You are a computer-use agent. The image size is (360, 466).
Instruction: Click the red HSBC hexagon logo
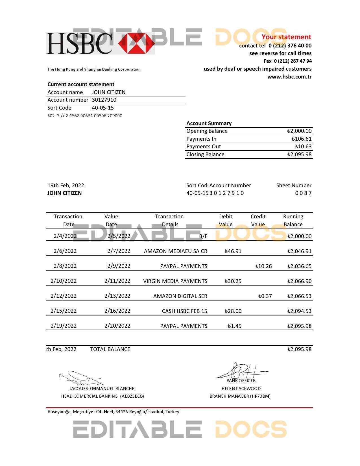pyautogui.click(x=136, y=43)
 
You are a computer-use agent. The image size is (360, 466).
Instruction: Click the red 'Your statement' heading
pyautogui.click(x=286, y=37)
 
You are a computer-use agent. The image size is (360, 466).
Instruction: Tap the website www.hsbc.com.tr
pyautogui.click(x=289, y=77)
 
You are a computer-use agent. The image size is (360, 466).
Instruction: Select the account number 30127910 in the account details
pyautogui.click(x=104, y=100)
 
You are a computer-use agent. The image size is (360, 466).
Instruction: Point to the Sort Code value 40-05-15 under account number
pyautogui.click(x=103, y=108)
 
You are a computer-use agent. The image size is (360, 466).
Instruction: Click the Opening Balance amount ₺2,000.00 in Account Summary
pyautogui.click(x=299, y=131)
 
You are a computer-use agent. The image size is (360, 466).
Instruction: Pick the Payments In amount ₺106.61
pyautogui.click(x=302, y=139)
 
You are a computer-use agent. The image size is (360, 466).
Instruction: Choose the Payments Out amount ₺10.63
pyautogui.click(x=303, y=147)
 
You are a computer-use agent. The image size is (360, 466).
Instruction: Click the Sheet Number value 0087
pyautogui.click(x=303, y=193)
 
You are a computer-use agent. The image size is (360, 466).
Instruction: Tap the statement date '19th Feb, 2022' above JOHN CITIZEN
pyautogui.click(x=66, y=186)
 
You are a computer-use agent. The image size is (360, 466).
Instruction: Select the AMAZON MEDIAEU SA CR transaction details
pyautogui.click(x=175, y=251)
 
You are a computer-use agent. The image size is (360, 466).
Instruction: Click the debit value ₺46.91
pyautogui.click(x=233, y=251)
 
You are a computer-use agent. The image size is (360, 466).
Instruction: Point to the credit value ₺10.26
pyautogui.click(x=263, y=266)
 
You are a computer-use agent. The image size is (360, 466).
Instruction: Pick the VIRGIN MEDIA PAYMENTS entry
pyautogui.click(x=175, y=281)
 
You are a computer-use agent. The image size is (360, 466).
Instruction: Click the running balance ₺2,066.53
pyautogui.click(x=299, y=296)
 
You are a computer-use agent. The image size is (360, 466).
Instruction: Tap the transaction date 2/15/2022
pyautogui.click(x=64, y=311)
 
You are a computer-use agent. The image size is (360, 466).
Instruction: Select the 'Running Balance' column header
pyautogui.click(x=293, y=221)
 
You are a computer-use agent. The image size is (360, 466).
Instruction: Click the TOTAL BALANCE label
pyautogui.click(x=110, y=349)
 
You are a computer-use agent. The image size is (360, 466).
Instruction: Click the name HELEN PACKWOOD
pyautogui.click(x=241, y=389)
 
